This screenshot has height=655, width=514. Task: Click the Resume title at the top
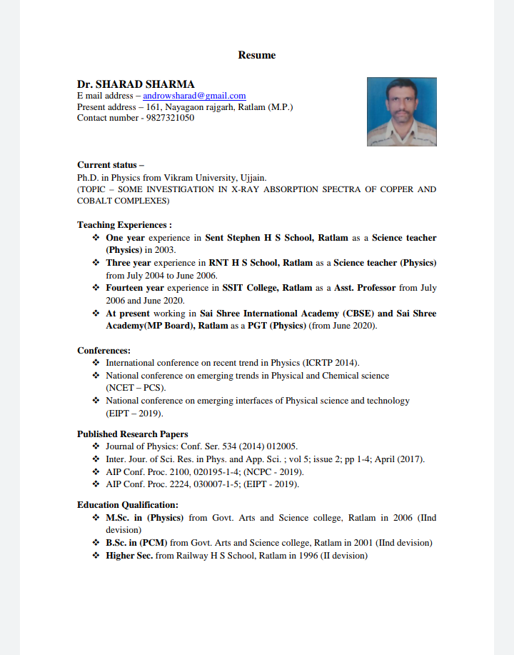pos(257,55)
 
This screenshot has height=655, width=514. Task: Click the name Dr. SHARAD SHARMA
pos(136,84)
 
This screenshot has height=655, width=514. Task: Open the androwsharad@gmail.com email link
pos(194,96)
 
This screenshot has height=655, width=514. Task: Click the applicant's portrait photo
pos(401,112)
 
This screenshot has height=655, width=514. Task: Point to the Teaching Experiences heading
pos(124,225)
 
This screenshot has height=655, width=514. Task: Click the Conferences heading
pos(104,351)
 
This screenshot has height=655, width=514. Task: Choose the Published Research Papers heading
pos(133,434)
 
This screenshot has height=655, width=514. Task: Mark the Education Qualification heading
pos(128,505)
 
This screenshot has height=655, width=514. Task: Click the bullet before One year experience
pos(96,238)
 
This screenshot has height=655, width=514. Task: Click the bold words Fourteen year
pos(135,288)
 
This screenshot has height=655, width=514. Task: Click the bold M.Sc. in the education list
pos(118,518)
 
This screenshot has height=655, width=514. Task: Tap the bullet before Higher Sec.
pos(96,555)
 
